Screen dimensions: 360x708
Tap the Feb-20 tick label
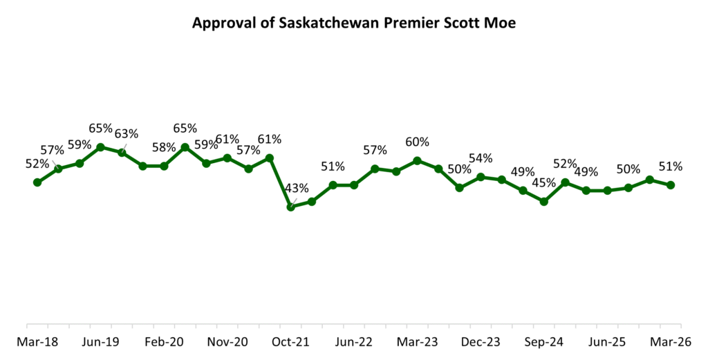(x=164, y=341)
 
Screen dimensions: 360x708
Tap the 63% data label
(x=127, y=134)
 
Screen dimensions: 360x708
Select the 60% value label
(x=417, y=142)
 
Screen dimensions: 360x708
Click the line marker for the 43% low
(x=290, y=207)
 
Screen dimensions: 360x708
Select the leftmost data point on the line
(x=37, y=182)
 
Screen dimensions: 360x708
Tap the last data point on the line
(x=671, y=185)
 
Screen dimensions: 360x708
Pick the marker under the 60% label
(x=417, y=160)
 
